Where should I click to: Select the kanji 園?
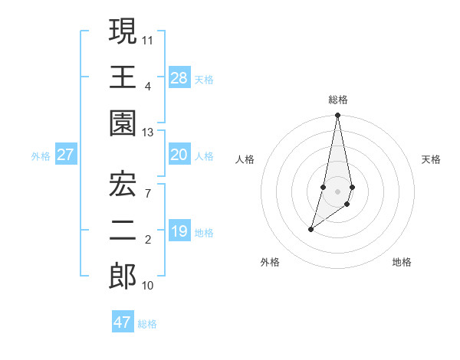pyautogui.click(x=123, y=124)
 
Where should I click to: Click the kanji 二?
pyautogui.click(x=123, y=231)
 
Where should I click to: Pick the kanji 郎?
pyautogui.click(x=123, y=277)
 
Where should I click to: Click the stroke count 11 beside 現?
pyautogui.click(x=148, y=38)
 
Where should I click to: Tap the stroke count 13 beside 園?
pyautogui.click(x=148, y=133)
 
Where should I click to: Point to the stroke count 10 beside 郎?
pyautogui.click(x=148, y=286)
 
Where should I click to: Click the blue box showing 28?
pyautogui.click(x=179, y=77)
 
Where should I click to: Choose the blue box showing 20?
pyautogui.click(x=179, y=155)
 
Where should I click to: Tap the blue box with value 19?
pyautogui.click(x=179, y=231)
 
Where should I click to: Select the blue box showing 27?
pyautogui.click(x=66, y=155)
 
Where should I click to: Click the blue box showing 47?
pyautogui.click(x=123, y=322)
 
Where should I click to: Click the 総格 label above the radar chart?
pyautogui.click(x=338, y=100)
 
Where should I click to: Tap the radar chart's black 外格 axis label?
pyautogui.click(x=270, y=262)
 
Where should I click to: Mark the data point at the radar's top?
pyautogui.click(x=337, y=116)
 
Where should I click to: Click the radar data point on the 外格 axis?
pyautogui.click(x=310, y=229)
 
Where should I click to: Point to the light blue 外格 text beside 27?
pyautogui.click(x=41, y=155)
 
